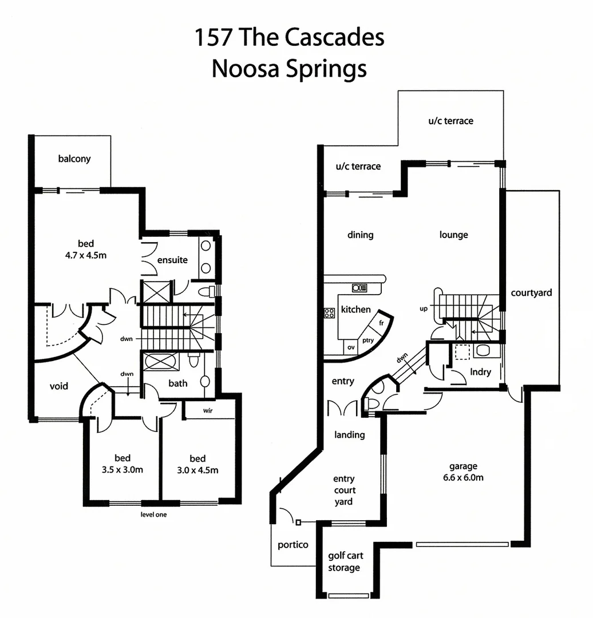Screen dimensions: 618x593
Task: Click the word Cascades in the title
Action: tap(334, 38)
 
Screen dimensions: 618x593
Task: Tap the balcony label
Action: tap(74, 159)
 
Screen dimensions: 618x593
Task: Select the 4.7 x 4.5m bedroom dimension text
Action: tap(86, 255)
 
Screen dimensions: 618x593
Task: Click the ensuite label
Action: tap(172, 260)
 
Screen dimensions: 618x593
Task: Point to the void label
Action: tap(58, 386)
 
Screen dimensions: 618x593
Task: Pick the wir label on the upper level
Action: tap(208, 410)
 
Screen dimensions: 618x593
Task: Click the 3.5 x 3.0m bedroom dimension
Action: tap(122, 470)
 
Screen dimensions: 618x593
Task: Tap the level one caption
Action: tap(153, 514)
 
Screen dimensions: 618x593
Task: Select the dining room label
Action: tap(361, 235)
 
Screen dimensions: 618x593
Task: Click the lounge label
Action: tap(454, 235)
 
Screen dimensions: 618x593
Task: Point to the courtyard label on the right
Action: tap(532, 293)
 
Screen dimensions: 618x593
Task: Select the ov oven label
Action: tap(351, 347)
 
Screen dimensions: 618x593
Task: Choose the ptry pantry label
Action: tap(368, 340)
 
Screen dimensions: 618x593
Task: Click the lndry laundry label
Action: tap(480, 372)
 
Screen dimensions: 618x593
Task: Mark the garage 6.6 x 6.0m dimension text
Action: tap(463, 477)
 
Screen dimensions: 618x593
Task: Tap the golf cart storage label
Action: tap(345, 561)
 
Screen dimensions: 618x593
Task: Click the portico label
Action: tap(293, 545)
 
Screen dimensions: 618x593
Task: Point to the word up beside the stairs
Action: tap(424, 309)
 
